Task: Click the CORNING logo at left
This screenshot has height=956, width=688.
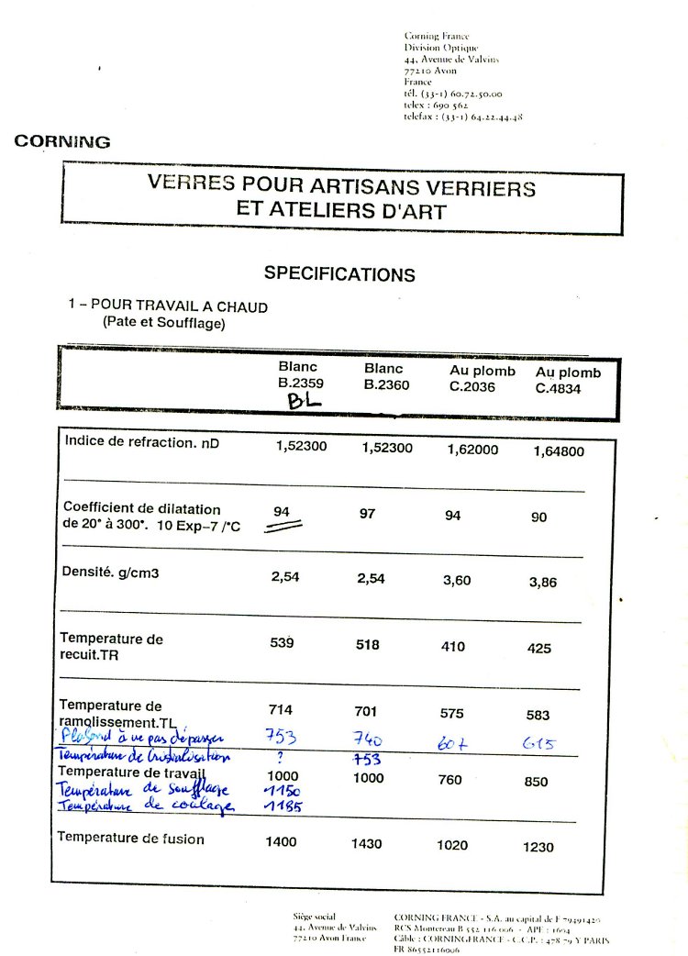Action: (x=62, y=142)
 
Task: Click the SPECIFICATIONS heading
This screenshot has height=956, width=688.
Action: (x=339, y=274)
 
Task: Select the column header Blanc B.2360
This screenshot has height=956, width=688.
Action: (x=384, y=376)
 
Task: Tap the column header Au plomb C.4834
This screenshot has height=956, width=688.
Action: (x=568, y=380)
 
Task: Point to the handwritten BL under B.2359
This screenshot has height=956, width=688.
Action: (x=303, y=402)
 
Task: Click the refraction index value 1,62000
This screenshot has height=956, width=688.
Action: (x=472, y=450)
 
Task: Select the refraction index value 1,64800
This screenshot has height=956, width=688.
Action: (x=559, y=450)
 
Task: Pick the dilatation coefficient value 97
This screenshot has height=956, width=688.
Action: (x=367, y=514)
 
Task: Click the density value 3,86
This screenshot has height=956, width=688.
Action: (x=542, y=583)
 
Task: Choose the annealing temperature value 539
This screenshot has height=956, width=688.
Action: (x=282, y=644)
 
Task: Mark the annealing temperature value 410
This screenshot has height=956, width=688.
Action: (x=453, y=647)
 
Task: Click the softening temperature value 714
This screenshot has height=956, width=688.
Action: (x=281, y=709)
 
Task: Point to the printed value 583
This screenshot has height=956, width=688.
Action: (x=539, y=714)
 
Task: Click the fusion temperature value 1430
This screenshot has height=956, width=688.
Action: (x=367, y=844)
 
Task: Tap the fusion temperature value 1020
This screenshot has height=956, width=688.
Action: (x=453, y=846)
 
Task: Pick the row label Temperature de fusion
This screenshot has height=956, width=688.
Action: (x=130, y=838)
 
